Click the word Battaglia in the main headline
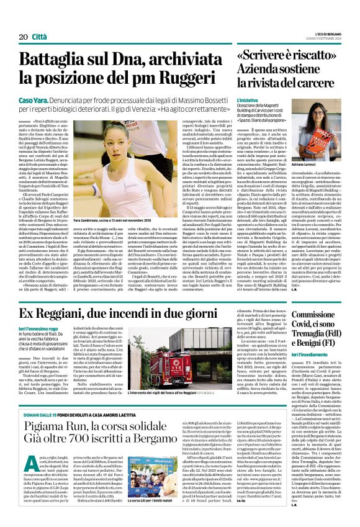coord(67,60)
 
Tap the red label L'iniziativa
coord(248,99)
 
